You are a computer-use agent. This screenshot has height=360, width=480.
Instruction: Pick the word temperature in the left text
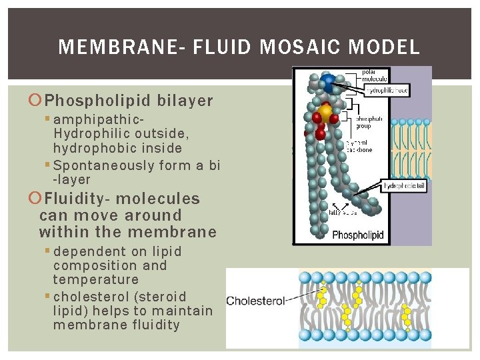[96, 279]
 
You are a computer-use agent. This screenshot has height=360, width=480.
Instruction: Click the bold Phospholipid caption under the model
[361, 234]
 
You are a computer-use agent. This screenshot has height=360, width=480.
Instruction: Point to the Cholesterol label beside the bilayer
[255, 301]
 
